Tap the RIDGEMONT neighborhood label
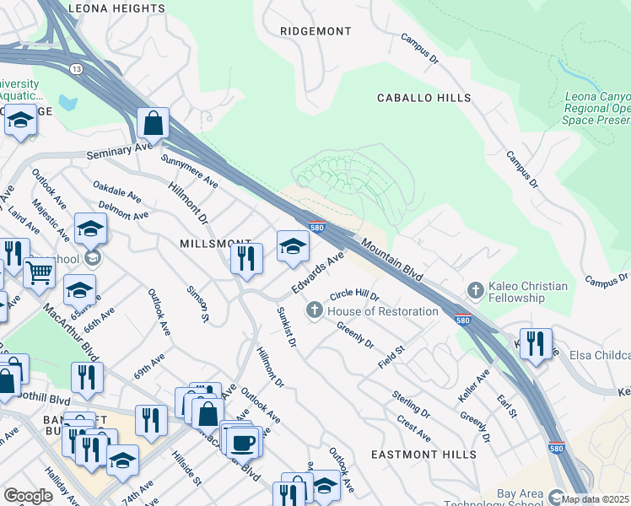point(315,31)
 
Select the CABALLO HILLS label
point(423,99)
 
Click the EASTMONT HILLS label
point(424,455)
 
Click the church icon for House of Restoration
point(315,311)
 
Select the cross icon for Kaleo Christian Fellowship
point(476,291)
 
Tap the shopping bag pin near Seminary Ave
point(154,125)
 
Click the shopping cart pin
point(39,272)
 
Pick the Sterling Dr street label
point(411,405)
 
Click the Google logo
point(28,496)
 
